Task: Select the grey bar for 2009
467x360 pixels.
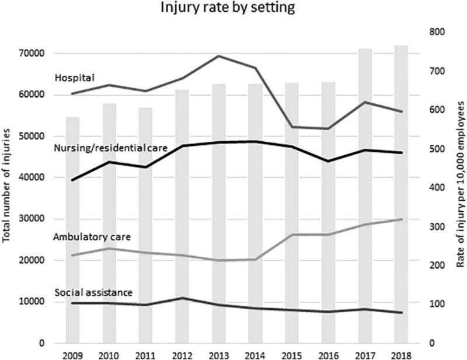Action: point(72,233)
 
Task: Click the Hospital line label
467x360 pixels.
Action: point(75,77)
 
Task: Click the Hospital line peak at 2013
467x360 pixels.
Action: point(218,56)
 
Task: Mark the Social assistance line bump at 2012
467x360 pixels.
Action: point(182,298)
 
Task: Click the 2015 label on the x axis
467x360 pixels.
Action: point(291,355)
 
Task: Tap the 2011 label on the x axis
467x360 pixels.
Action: point(145,355)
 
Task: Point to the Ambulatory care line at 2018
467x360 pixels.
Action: point(400,219)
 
